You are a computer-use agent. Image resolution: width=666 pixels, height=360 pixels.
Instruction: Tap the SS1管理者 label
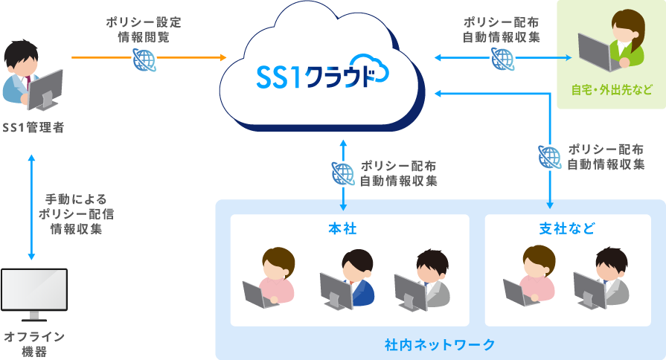coord(33,127)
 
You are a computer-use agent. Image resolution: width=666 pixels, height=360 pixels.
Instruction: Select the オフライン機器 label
coord(33,344)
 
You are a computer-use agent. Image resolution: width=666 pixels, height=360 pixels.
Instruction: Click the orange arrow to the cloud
coord(186,57)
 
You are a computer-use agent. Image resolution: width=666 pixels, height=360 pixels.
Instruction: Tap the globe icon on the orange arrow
coord(143,59)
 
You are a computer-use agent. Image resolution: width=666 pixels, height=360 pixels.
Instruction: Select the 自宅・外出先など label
coord(611,91)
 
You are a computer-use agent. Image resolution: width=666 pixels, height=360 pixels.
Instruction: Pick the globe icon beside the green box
coord(502,58)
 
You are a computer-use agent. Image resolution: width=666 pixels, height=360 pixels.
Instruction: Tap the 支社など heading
coord(567,228)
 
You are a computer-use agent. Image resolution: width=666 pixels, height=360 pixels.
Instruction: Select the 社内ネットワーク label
coord(440,345)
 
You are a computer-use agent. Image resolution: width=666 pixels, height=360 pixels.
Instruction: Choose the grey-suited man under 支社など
coord(603,278)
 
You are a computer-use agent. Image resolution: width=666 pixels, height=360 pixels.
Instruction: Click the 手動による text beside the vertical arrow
coord(77,199)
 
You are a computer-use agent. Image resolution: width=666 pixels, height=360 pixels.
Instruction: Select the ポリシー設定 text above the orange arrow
coord(143,22)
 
